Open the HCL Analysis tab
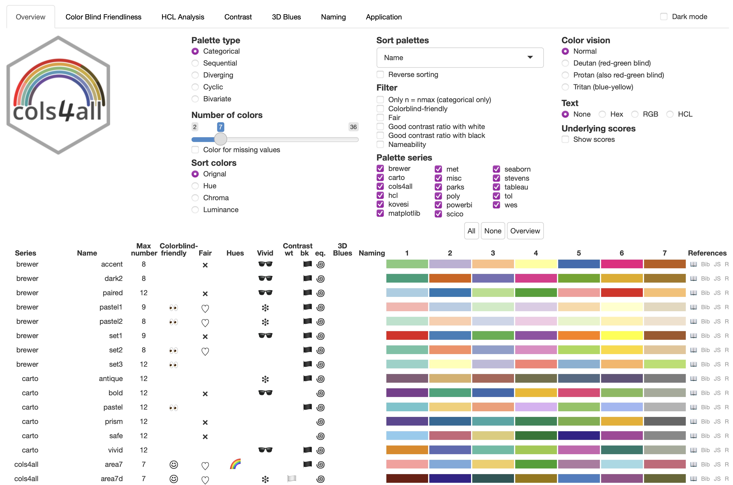183,17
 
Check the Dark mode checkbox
664,17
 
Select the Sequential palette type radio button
195,63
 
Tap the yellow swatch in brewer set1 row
622,336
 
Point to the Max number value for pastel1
144,307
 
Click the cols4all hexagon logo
58,95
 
